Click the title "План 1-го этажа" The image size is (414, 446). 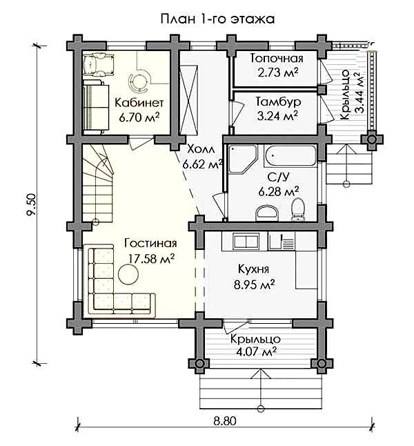217,19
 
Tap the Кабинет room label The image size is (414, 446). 139,103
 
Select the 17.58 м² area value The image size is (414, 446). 151,259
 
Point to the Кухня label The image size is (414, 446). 253,269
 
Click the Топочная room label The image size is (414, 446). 277,58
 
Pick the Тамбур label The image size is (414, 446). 278,101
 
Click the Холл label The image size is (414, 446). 201,149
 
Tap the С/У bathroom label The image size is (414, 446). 278,177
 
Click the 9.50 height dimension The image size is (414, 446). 31,205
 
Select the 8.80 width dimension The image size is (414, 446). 225,421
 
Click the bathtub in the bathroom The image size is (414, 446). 290,155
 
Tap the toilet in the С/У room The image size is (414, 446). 298,209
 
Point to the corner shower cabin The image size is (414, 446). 242,158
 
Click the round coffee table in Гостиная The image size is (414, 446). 128,274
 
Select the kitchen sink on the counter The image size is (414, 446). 246,241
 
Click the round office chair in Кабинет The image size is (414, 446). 138,82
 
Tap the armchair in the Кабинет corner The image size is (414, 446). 99,64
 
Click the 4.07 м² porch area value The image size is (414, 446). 256,352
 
